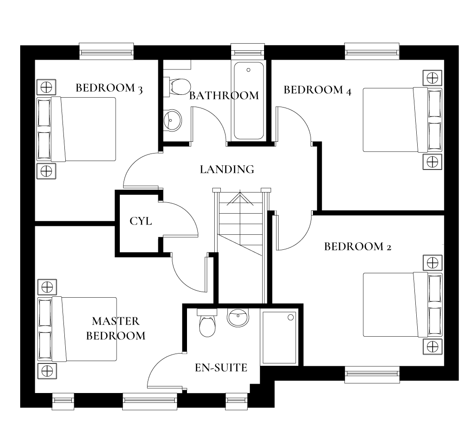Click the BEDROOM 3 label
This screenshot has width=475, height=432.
(x=109, y=88)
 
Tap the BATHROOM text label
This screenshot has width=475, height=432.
(x=224, y=96)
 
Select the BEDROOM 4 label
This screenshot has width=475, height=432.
(x=317, y=90)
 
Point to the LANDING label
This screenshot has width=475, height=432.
(x=227, y=170)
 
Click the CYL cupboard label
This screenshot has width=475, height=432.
(x=140, y=221)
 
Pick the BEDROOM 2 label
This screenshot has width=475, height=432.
(x=358, y=247)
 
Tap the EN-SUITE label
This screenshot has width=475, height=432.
(x=221, y=368)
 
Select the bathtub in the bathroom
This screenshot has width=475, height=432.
(x=249, y=100)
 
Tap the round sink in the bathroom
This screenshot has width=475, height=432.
(x=172, y=120)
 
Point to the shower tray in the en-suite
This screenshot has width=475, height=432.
(x=280, y=337)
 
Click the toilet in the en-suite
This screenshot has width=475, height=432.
(x=207, y=324)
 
